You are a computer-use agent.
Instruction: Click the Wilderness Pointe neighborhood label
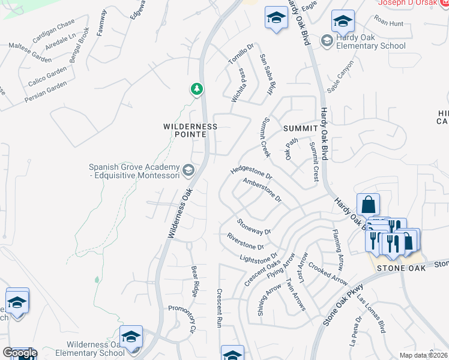(x=190, y=130)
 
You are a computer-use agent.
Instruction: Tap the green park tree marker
(x=196, y=89)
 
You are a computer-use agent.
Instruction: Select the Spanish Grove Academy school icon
(x=188, y=171)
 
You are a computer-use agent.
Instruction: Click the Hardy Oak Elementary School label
(x=371, y=41)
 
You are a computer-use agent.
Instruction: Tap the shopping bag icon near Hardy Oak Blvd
(x=368, y=204)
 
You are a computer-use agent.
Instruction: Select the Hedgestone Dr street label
(x=252, y=174)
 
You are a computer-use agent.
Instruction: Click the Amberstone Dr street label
(x=262, y=189)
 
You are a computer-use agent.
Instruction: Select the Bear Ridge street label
(x=194, y=281)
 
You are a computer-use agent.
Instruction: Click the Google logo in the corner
(x=19, y=353)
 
